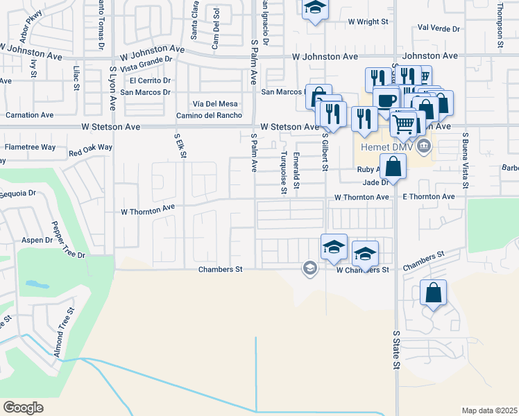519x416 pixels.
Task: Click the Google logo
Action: tap(23, 408)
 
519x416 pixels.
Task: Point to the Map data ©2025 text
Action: tap(489, 410)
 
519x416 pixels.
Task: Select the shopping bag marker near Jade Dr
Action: tap(393, 167)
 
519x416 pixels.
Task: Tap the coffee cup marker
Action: tap(385, 100)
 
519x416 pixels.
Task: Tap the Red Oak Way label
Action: tap(90, 148)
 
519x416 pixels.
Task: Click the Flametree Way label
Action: tap(30, 148)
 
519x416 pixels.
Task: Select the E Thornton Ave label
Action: tap(429, 197)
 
